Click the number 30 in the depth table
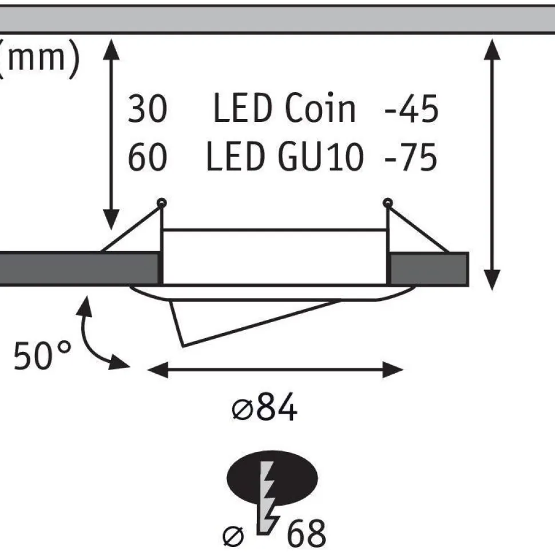coord(147,109)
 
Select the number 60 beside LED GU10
coord(147,157)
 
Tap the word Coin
coord(320,108)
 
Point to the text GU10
coord(320,157)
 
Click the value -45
coord(411,109)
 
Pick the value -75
coord(411,157)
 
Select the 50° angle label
coord(42,355)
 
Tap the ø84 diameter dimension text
coord(264,407)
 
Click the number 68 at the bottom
coord(306,533)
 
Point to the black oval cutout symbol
coord(272,478)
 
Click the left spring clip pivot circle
coord(162,203)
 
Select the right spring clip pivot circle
coord(387,203)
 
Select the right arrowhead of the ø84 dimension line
coord(393,370)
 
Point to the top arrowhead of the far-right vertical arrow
coord(492,50)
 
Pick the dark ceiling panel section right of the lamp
coord(429,269)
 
